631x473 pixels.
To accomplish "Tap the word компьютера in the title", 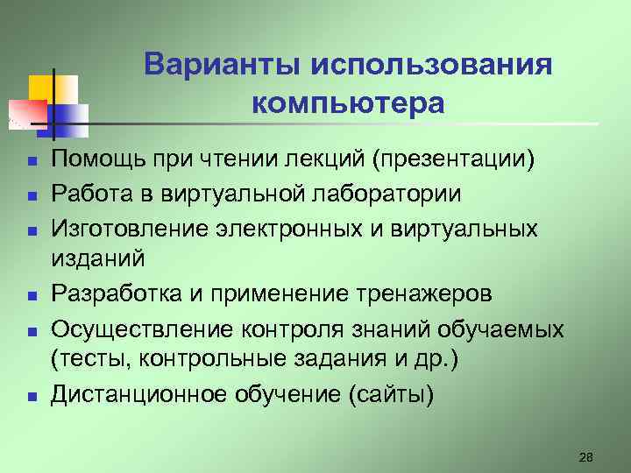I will [x=348, y=103].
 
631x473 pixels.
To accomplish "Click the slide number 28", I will [x=586, y=456].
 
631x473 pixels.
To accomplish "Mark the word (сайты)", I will [x=391, y=393].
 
